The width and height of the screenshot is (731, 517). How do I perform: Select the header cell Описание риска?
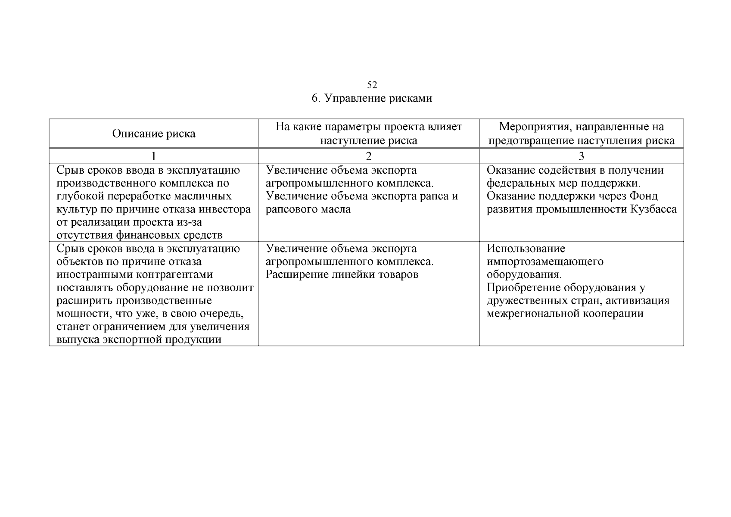tap(154, 134)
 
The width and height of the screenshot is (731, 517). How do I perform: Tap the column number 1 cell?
tap(153, 156)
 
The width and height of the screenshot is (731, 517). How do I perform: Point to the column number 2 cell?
tap(368, 156)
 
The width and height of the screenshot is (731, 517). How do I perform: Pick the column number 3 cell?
tap(581, 156)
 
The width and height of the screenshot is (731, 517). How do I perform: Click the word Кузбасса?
tap(654, 209)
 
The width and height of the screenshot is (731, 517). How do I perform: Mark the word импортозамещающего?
tap(545, 262)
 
